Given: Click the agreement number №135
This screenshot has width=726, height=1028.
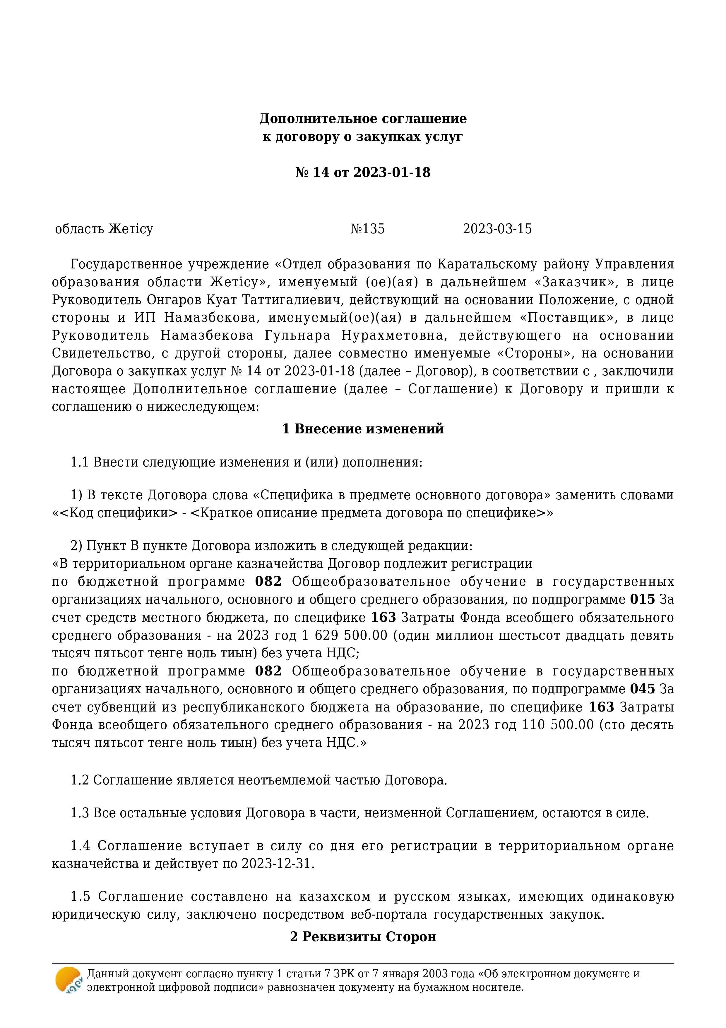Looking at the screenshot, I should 367,229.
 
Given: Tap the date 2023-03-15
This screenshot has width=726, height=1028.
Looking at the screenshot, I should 497,229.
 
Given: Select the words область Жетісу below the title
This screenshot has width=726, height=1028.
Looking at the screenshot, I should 104,229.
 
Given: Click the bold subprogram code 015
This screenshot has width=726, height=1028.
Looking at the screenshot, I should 642,599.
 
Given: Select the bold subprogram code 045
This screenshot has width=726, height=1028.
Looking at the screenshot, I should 642,689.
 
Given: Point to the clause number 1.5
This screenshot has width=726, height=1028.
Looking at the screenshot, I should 81,897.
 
